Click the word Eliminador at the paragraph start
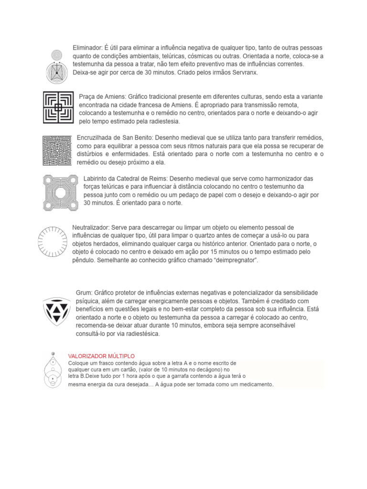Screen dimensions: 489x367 [87, 48]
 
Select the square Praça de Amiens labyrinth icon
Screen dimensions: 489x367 [58, 107]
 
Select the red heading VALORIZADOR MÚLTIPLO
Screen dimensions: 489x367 [102, 356]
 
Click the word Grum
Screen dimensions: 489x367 [84, 292]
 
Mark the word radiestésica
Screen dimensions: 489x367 [139, 334]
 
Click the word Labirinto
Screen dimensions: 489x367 [97, 178]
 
